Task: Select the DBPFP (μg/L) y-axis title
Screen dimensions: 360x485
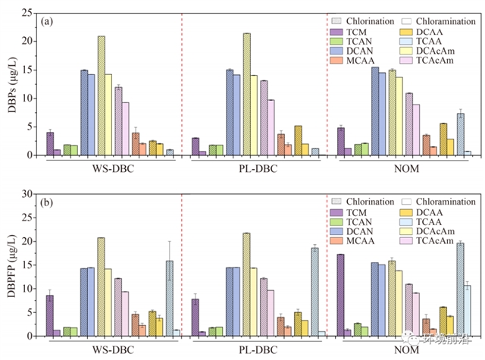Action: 11,265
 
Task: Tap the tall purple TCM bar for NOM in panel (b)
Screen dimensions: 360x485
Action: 340,295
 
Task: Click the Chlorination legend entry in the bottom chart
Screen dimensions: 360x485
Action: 372,202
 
